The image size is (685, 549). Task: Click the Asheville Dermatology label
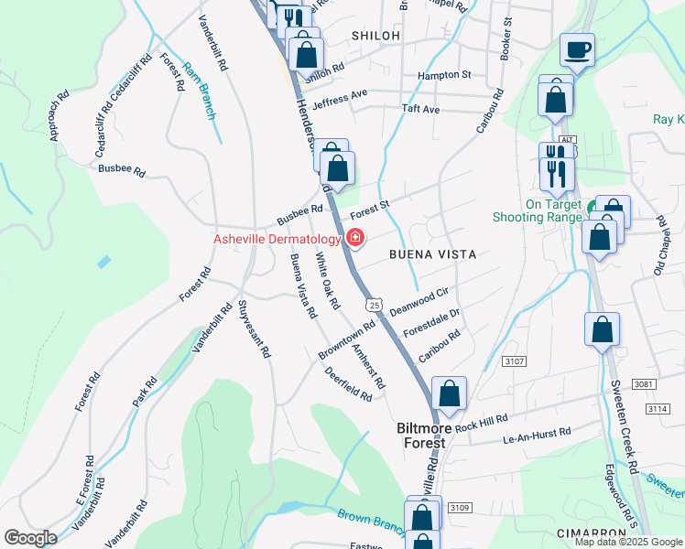(277, 239)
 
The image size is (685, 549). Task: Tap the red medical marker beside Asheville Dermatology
(354, 239)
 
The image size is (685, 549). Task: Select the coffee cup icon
(578, 49)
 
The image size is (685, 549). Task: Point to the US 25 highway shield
(372, 303)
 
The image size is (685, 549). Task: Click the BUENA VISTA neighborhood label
(432, 254)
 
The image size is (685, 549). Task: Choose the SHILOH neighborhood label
(375, 36)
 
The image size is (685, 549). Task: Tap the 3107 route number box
(515, 362)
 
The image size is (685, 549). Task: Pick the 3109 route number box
(460, 508)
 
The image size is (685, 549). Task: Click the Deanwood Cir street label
(419, 301)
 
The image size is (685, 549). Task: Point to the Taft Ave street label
(421, 110)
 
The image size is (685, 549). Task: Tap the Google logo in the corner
(30, 537)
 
